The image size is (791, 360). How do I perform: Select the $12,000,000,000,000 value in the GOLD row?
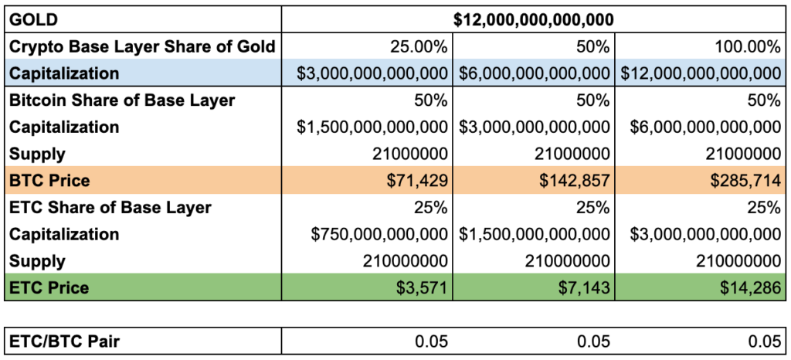click(534, 19)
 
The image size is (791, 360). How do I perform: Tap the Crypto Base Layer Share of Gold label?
click(141, 46)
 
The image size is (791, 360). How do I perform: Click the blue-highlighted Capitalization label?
click(64, 73)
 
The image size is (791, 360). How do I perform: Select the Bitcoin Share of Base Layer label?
click(122, 100)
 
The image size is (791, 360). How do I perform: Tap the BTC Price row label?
click(49, 181)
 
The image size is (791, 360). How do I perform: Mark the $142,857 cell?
click(579, 181)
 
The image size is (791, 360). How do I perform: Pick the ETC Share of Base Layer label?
click(110, 208)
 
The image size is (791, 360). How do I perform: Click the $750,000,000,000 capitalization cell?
click(379, 235)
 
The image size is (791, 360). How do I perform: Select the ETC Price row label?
click(49, 288)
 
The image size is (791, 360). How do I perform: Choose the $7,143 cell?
click(586, 288)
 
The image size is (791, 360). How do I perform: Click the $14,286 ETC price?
click(752, 288)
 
